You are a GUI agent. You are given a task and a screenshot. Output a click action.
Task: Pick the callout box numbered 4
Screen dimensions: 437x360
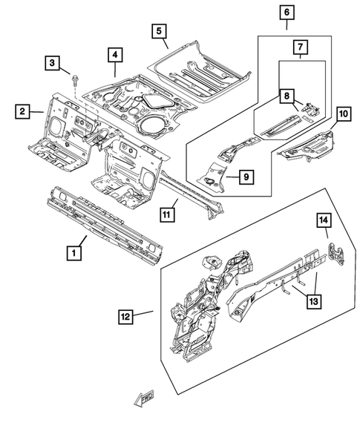(x=114, y=53)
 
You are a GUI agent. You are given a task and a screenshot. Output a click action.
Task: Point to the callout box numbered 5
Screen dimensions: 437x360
(x=158, y=30)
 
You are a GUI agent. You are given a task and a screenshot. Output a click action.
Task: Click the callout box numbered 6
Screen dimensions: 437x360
(x=287, y=13)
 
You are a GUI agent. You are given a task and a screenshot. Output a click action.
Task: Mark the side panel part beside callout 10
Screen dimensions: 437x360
(x=306, y=145)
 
